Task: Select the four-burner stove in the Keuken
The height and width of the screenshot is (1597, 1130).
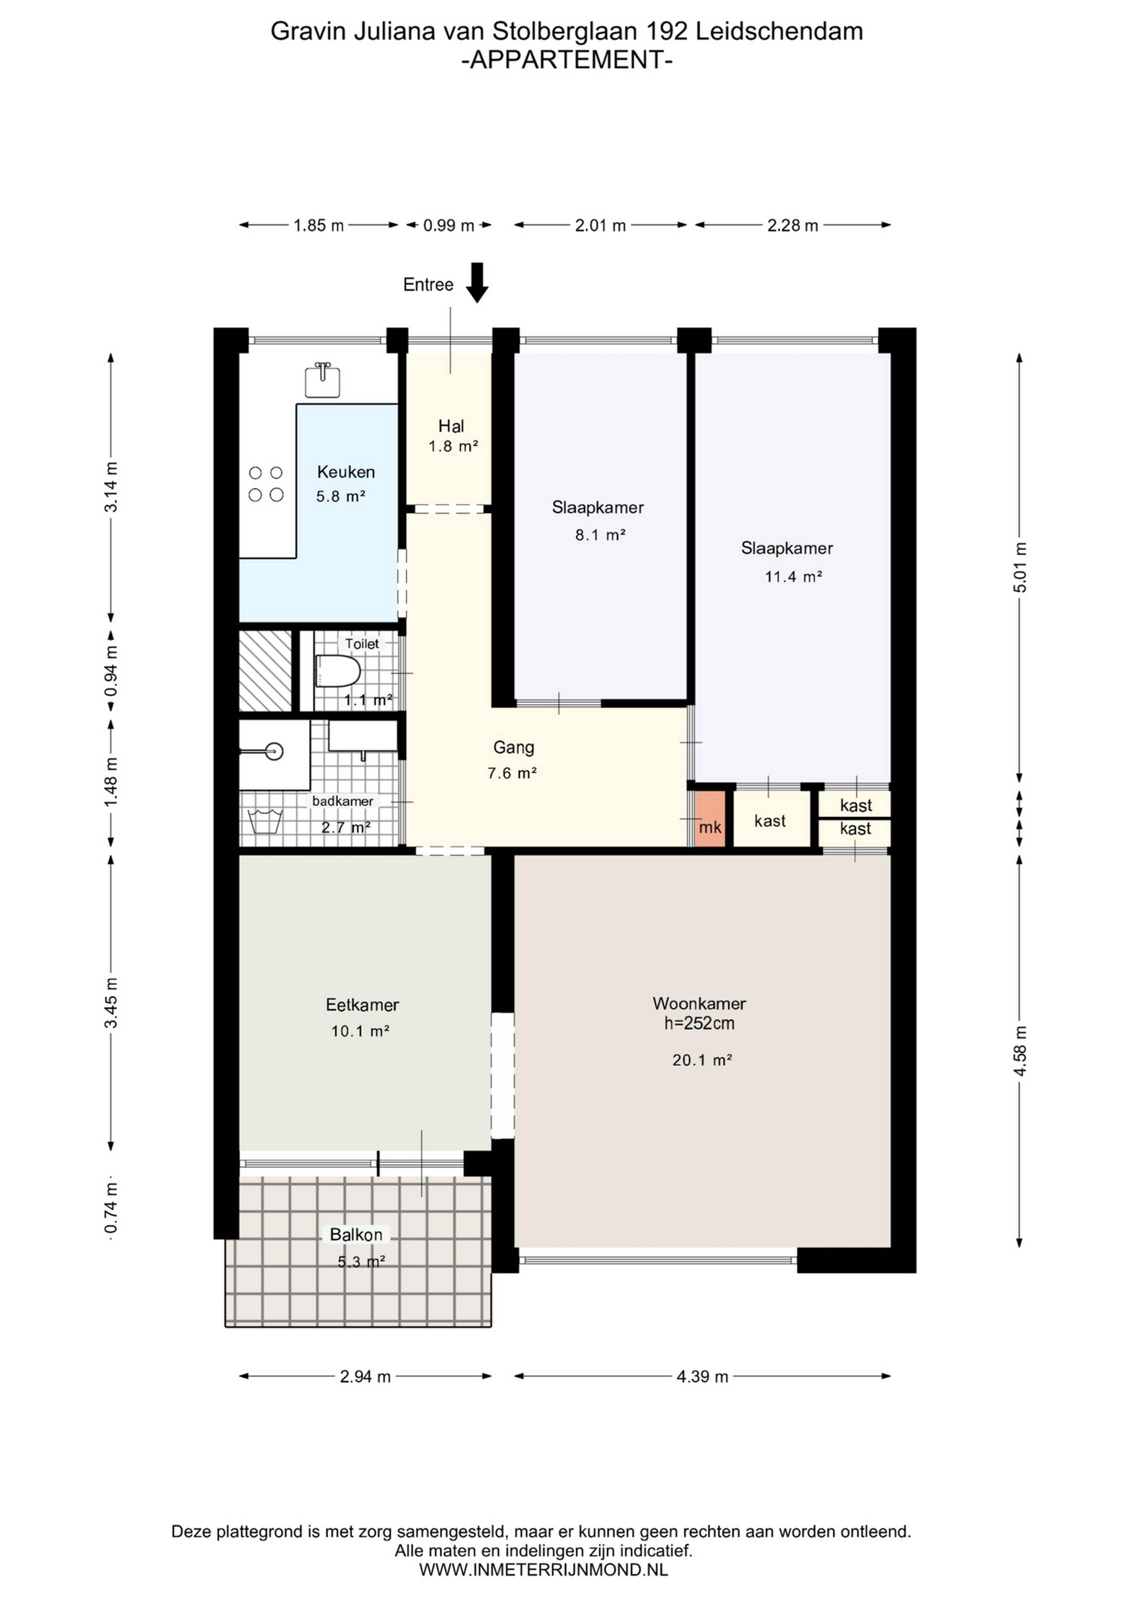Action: pyautogui.click(x=266, y=483)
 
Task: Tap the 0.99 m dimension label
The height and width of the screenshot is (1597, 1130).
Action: pyautogui.click(x=449, y=225)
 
